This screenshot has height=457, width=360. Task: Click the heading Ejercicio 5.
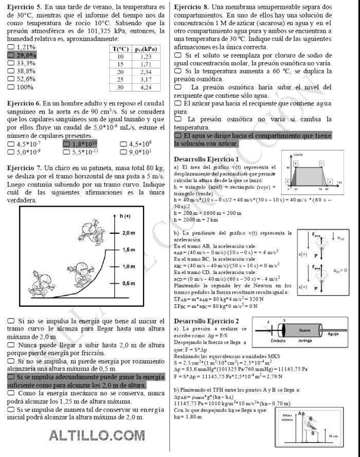pos(24,7)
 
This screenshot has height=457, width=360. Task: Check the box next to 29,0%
pos(11,55)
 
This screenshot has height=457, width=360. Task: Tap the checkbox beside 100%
pos(11,87)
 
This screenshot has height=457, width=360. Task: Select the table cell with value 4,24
pos(146,87)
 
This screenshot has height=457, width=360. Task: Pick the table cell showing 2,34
pos(146,72)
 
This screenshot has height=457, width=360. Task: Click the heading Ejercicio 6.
pos(24,103)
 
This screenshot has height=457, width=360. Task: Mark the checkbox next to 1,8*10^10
pos(66,144)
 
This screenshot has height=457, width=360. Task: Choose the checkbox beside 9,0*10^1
pos(123,152)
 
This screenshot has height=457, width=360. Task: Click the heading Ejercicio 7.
pos(24,168)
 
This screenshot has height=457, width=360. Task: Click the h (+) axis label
pos(125,216)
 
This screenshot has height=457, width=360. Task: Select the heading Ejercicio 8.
pos(191,7)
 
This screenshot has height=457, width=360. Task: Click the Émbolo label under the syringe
pos(279,341)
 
